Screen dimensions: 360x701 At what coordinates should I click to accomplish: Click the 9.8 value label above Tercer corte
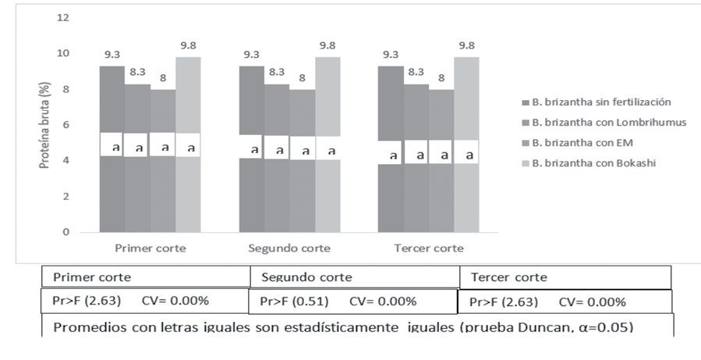point(466,45)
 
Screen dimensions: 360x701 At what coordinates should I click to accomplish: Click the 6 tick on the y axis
point(65,125)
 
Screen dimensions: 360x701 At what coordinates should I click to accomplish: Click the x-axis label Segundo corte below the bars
point(289,248)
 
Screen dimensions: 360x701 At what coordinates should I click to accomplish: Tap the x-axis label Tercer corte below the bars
point(428,248)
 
